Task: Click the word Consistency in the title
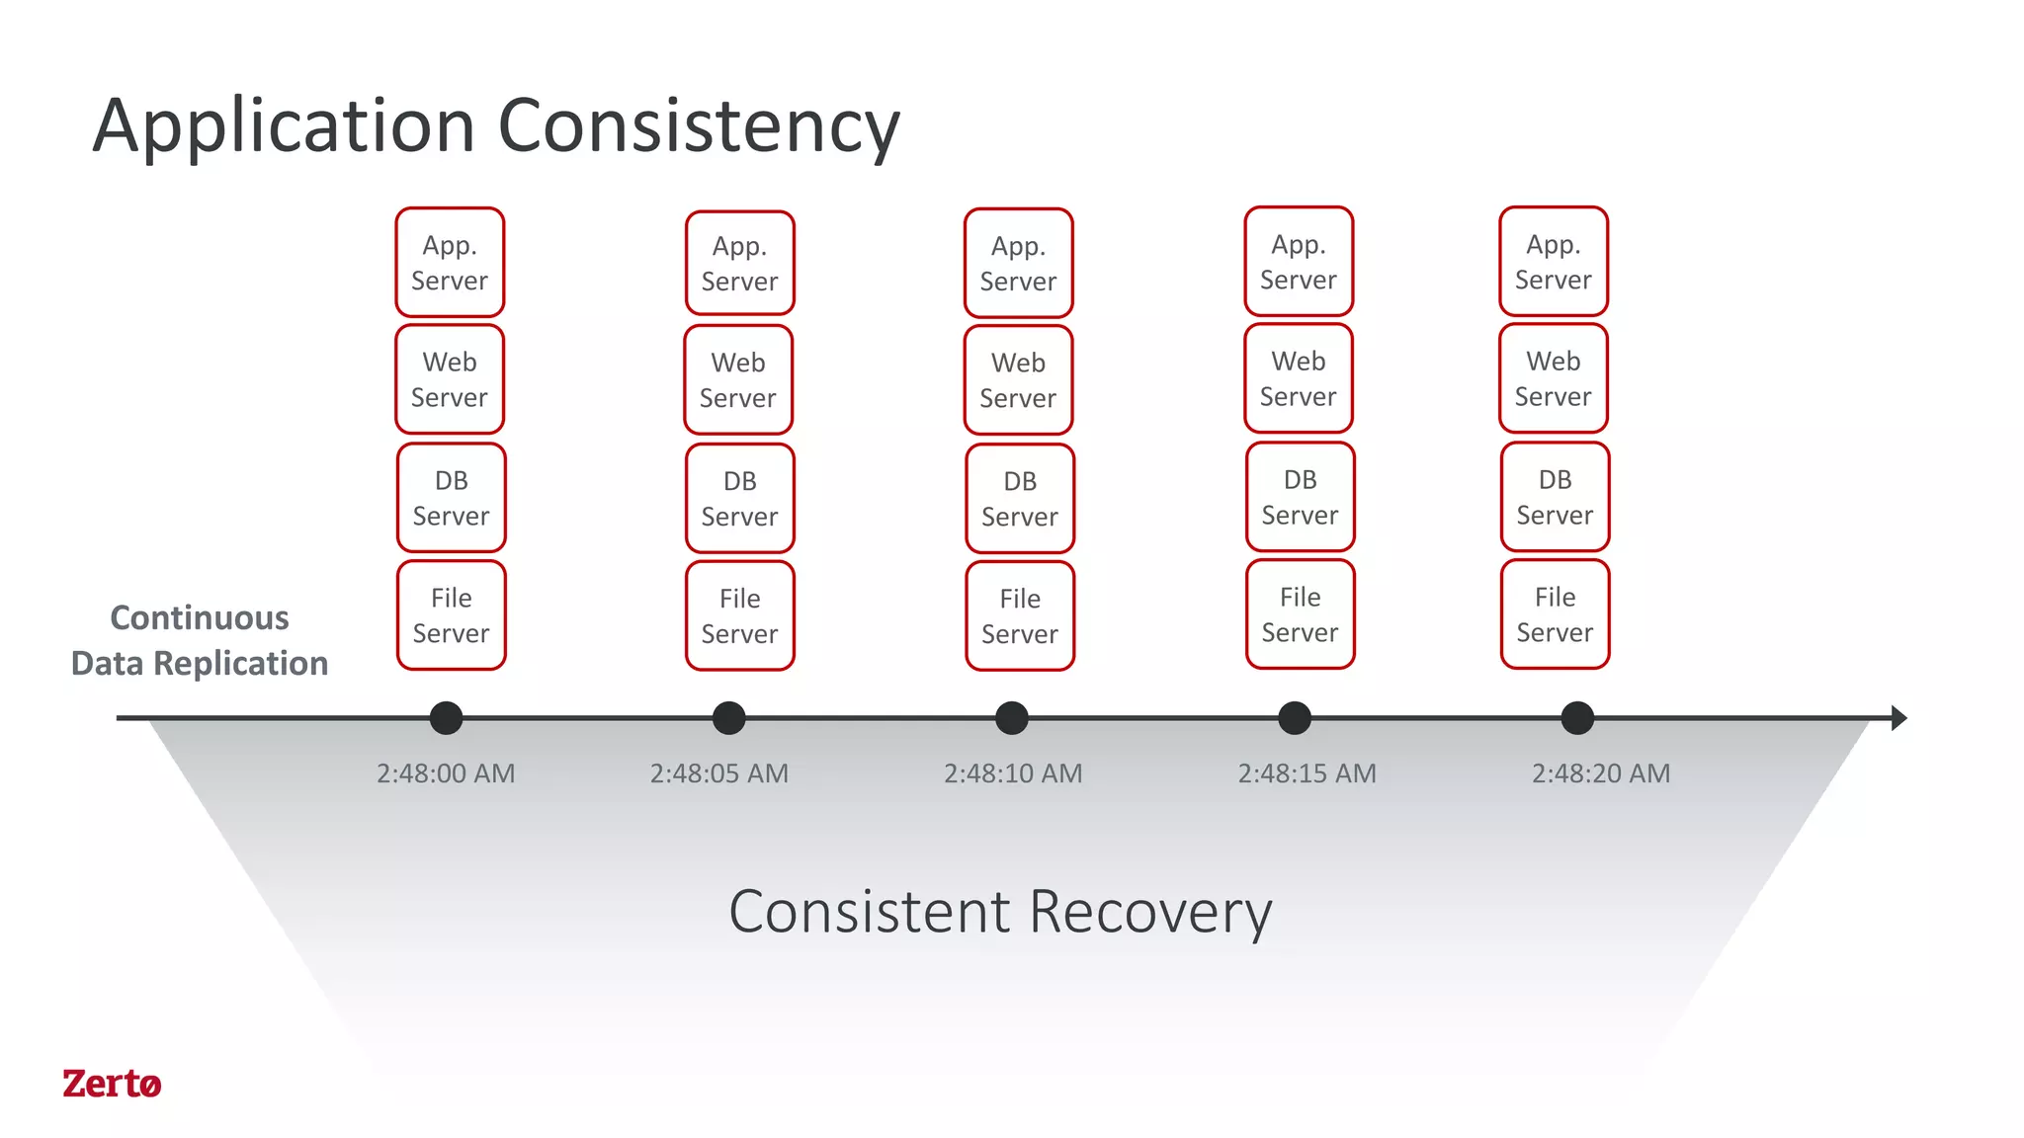tap(698, 126)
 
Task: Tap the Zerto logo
tap(111, 1084)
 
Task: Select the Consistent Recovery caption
tap(1000, 911)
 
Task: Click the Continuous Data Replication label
tap(200, 640)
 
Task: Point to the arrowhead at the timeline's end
tap(1897, 718)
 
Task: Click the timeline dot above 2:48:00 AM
tap(447, 718)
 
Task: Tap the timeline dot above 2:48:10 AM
tap(1012, 718)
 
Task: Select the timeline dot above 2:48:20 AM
tap(1577, 718)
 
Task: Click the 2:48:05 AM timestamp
tap(718, 773)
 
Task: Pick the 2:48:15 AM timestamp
tap(1307, 773)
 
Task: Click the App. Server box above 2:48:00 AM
tap(450, 262)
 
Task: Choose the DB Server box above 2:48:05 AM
tap(739, 498)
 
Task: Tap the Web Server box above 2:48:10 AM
tap(1018, 379)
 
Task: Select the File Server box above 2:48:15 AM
tap(1300, 614)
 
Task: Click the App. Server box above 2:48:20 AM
tap(1554, 261)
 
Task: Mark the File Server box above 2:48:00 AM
tap(451, 615)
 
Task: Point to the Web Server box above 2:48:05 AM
tap(738, 379)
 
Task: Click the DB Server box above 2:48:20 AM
tap(1555, 497)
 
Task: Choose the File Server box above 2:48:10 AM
tap(1020, 615)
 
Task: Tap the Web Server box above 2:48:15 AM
tap(1299, 378)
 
